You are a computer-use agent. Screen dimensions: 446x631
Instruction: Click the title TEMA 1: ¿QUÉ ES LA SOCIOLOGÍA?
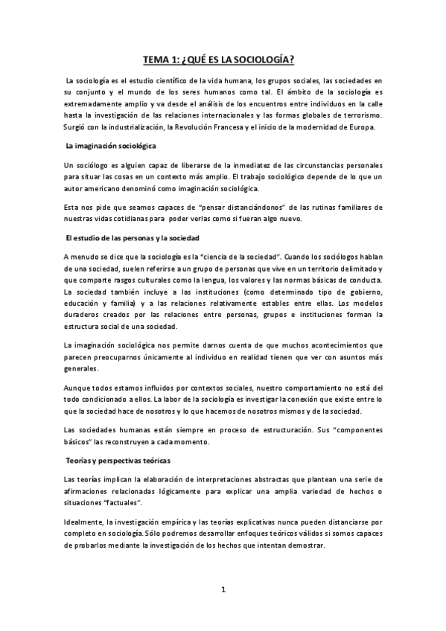[x=223, y=60]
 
